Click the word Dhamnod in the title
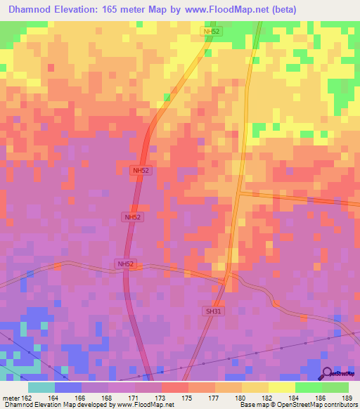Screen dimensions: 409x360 (x=32, y=10)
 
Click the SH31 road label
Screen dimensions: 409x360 (x=213, y=310)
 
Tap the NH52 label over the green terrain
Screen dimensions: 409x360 (x=212, y=32)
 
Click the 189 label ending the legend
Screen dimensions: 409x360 (x=347, y=397)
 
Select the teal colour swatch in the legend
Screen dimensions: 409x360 (x=41, y=387)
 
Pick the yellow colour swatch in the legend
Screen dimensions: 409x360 (x=281, y=387)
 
